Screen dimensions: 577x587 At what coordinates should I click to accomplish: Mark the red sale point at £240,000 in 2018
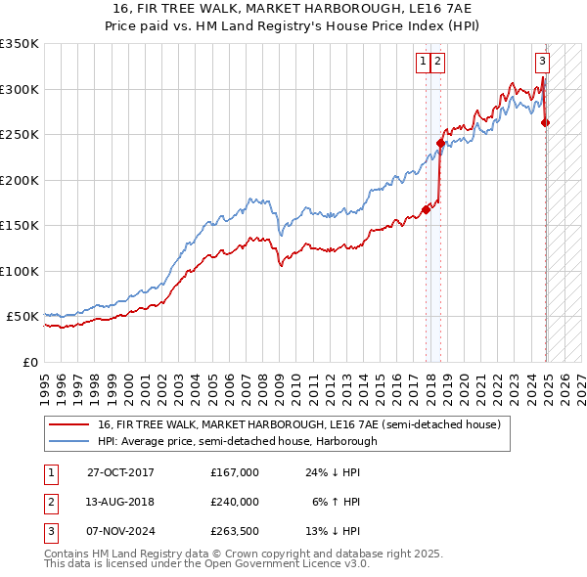tap(440, 144)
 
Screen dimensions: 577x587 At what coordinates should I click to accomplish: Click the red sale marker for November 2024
tap(545, 122)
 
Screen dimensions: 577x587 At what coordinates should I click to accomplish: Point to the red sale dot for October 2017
tap(427, 209)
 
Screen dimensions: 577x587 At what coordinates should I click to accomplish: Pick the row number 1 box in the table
tap(50, 472)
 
